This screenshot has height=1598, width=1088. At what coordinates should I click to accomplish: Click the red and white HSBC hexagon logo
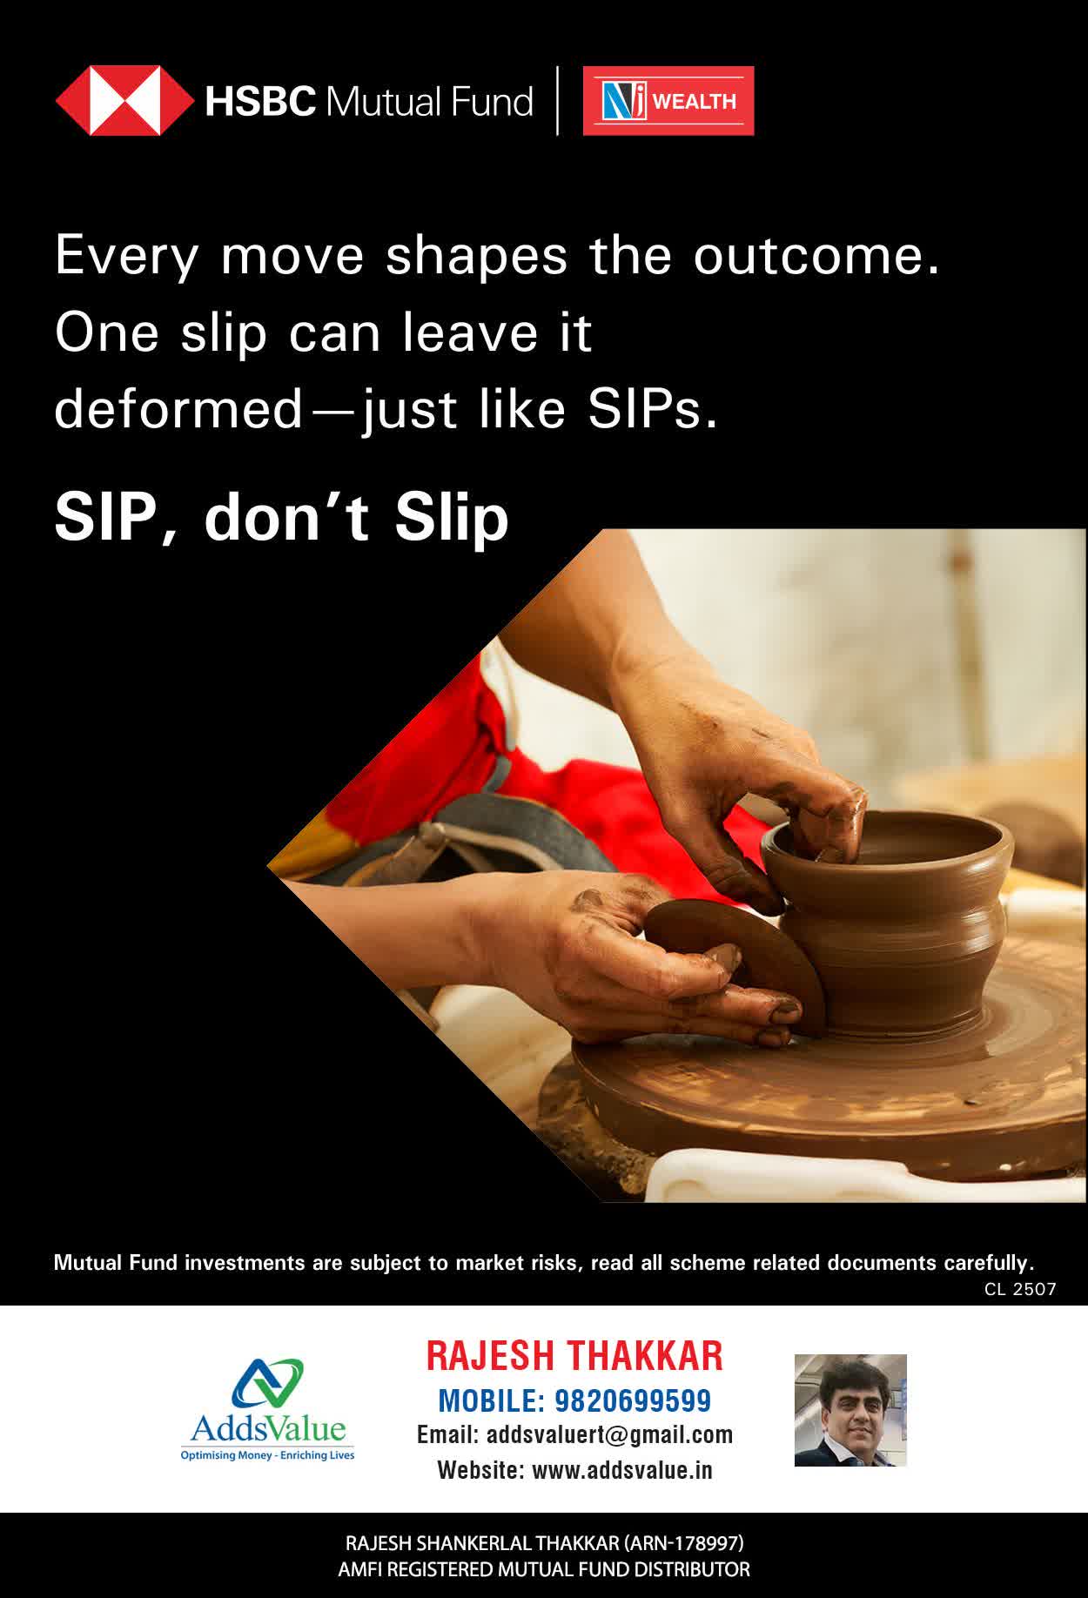pyautogui.click(x=124, y=101)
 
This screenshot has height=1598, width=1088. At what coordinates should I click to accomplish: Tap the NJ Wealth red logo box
pyautogui.click(x=668, y=101)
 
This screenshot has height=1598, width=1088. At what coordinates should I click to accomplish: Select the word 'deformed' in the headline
pyautogui.click(x=178, y=409)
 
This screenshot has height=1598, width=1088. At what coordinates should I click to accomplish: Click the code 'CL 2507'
pyautogui.click(x=1020, y=1289)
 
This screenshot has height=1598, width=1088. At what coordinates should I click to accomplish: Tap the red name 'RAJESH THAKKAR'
pyautogui.click(x=574, y=1356)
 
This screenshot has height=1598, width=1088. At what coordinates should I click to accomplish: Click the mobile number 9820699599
pyautogui.click(x=633, y=1400)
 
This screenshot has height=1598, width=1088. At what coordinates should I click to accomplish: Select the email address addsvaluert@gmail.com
pyautogui.click(x=609, y=1434)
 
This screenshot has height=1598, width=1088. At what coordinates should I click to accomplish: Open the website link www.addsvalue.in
pyautogui.click(x=622, y=1470)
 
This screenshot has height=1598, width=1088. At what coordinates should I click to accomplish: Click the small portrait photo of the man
pyautogui.click(x=850, y=1410)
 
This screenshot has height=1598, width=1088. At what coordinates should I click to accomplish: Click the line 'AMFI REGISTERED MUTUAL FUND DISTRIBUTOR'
pyautogui.click(x=544, y=1569)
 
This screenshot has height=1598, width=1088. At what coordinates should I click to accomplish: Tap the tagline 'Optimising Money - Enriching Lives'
pyautogui.click(x=267, y=1455)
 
